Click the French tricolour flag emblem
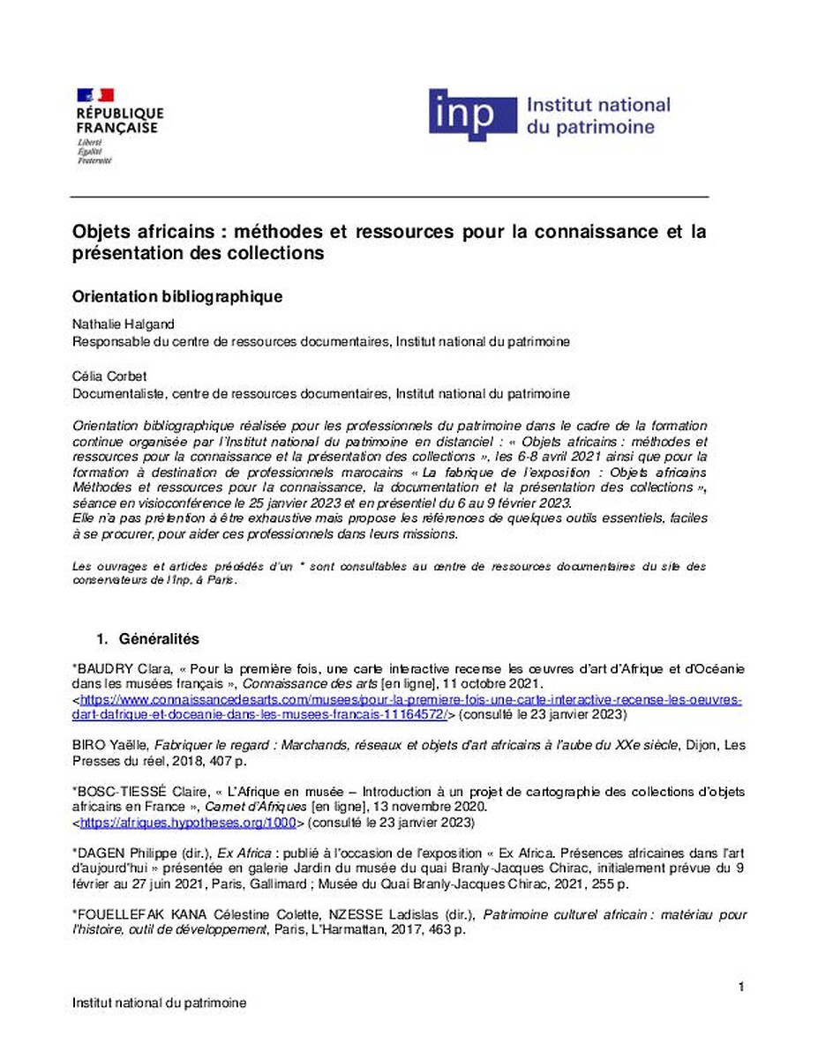click(95, 95)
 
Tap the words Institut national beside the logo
click(597, 106)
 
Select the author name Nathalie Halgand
click(124, 324)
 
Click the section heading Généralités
click(159, 638)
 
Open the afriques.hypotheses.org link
click(187, 823)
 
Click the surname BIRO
click(88, 745)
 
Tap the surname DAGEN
click(101, 853)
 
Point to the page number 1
click(741, 986)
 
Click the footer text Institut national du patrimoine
click(159, 1002)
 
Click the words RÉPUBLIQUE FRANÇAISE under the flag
click(119, 120)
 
